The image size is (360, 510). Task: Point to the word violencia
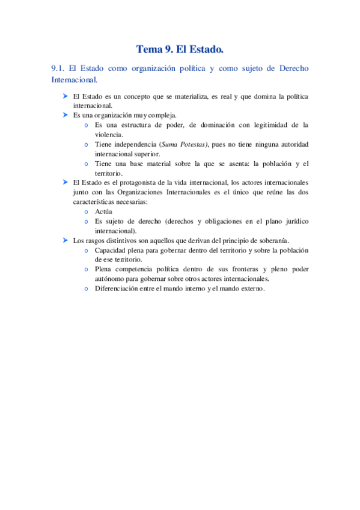[x=109, y=135]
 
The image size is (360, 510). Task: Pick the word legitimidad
[x=264, y=125]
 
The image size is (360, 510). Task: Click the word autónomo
[x=111, y=278]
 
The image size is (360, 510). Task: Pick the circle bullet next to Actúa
[x=87, y=212]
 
